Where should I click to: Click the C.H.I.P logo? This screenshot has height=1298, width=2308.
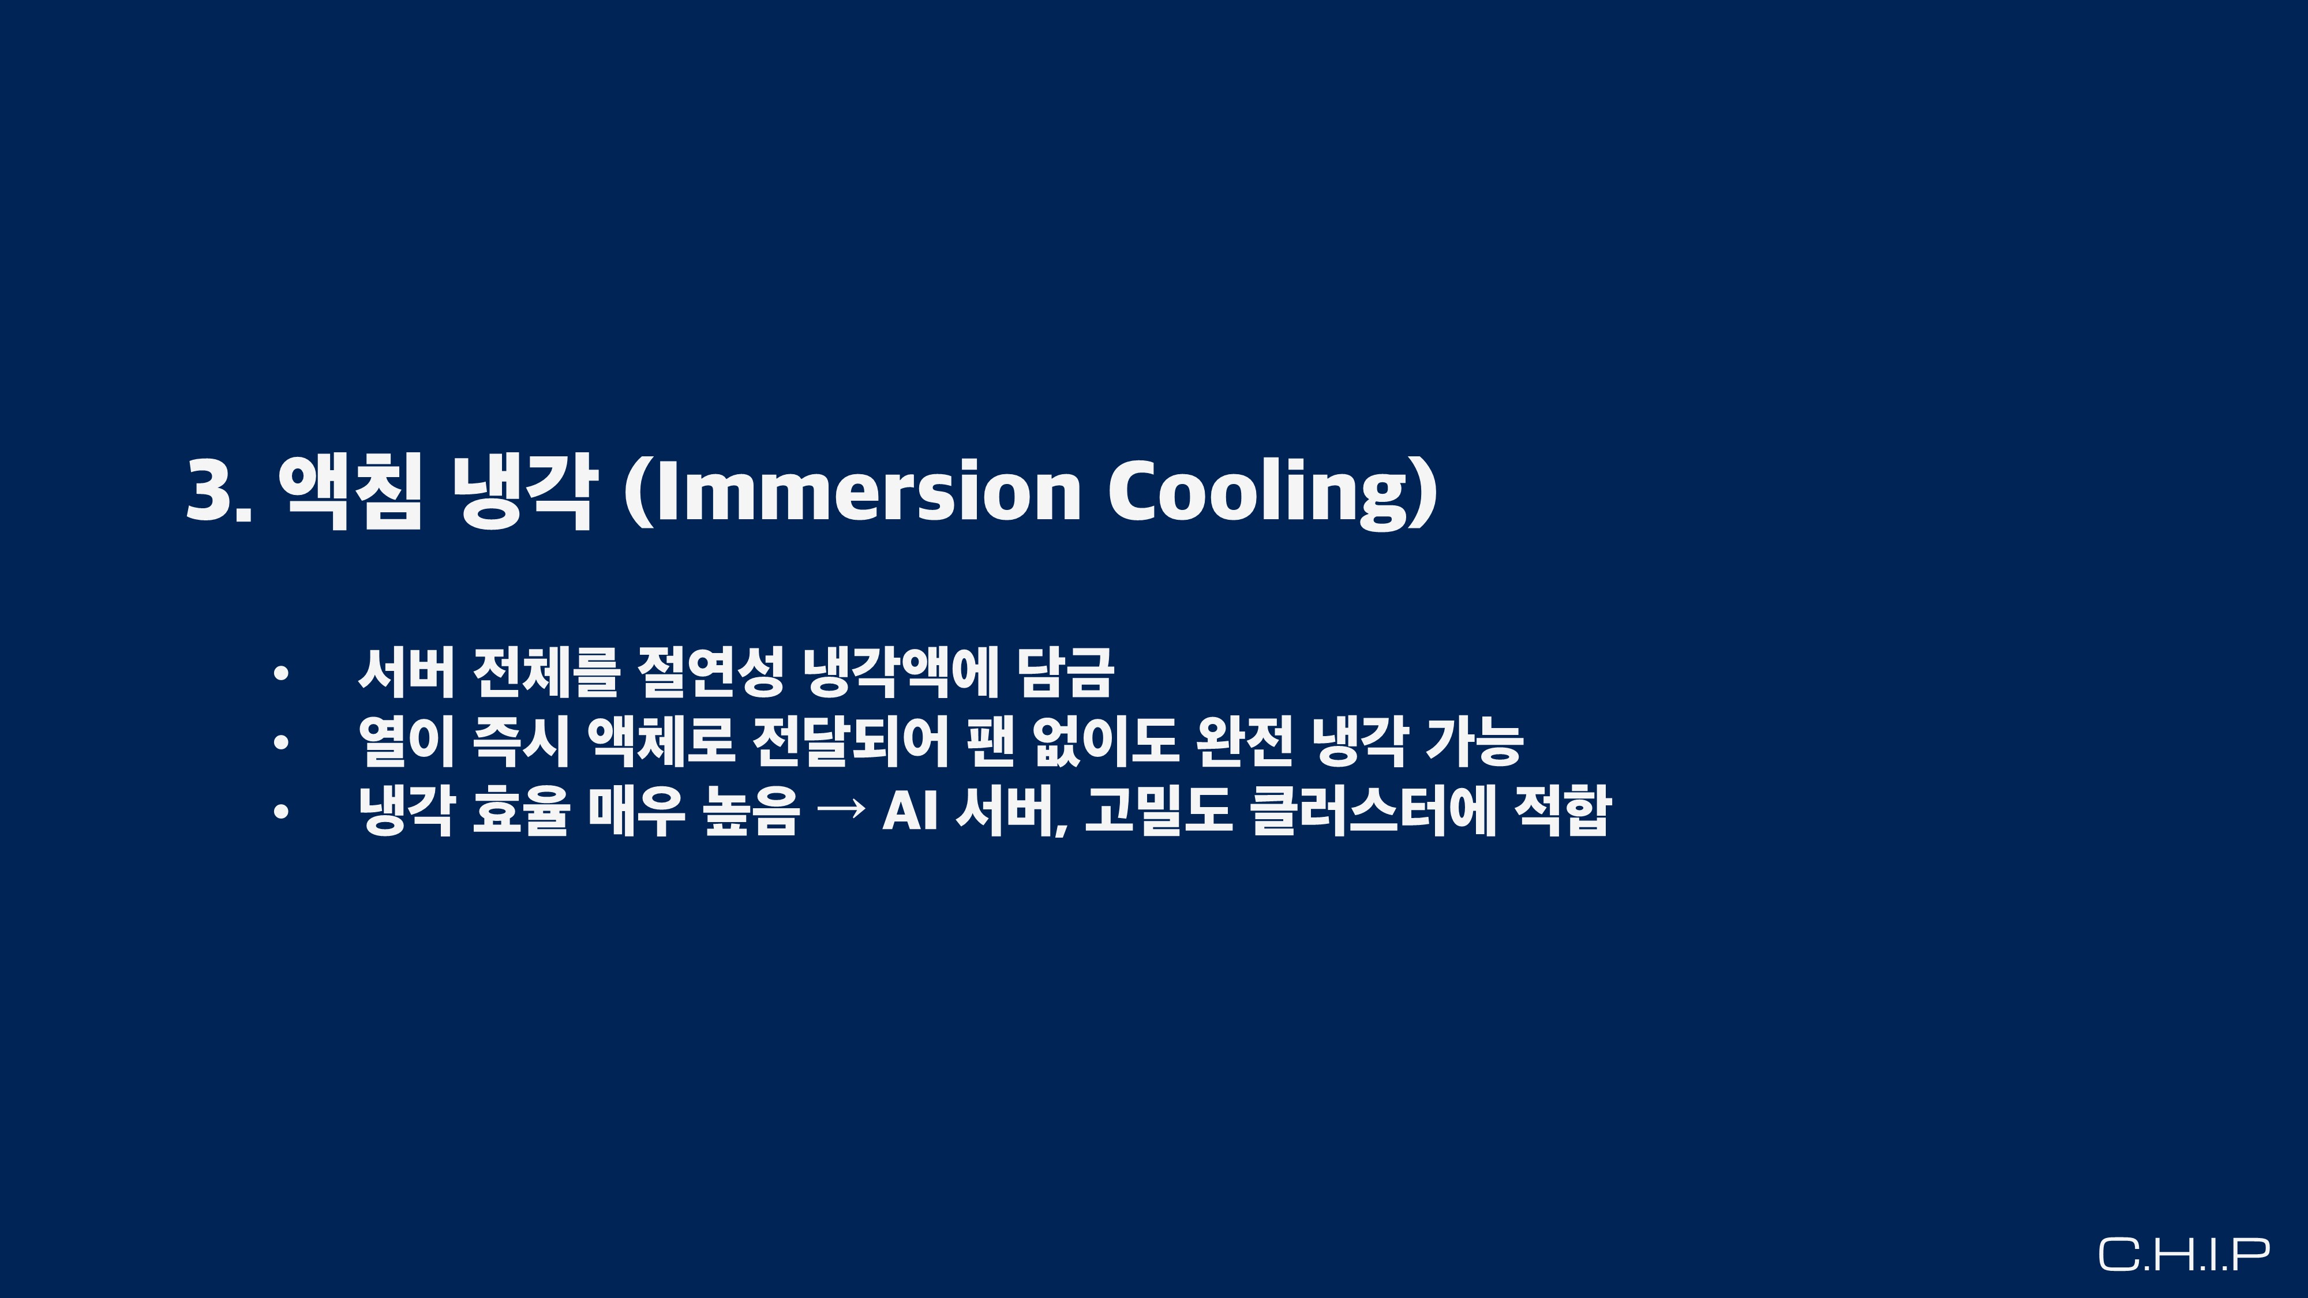(x=2185, y=1254)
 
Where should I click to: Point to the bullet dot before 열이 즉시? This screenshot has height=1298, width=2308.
(x=282, y=742)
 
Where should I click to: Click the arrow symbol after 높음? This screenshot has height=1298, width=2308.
(x=842, y=808)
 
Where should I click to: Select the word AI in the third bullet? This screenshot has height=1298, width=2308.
(x=909, y=811)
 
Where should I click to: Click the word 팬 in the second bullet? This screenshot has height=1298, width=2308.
(x=990, y=741)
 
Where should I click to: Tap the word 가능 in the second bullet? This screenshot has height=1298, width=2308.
(x=1473, y=741)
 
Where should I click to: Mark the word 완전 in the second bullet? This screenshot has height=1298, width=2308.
(x=1245, y=741)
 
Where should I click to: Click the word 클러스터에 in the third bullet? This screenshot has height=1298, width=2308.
(x=1373, y=811)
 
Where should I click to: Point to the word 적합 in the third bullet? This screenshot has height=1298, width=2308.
(x=1563, y=811)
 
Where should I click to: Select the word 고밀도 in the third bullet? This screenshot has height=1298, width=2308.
(x=1159, y=811)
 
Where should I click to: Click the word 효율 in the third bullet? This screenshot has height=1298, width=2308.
(x=520, y=811)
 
